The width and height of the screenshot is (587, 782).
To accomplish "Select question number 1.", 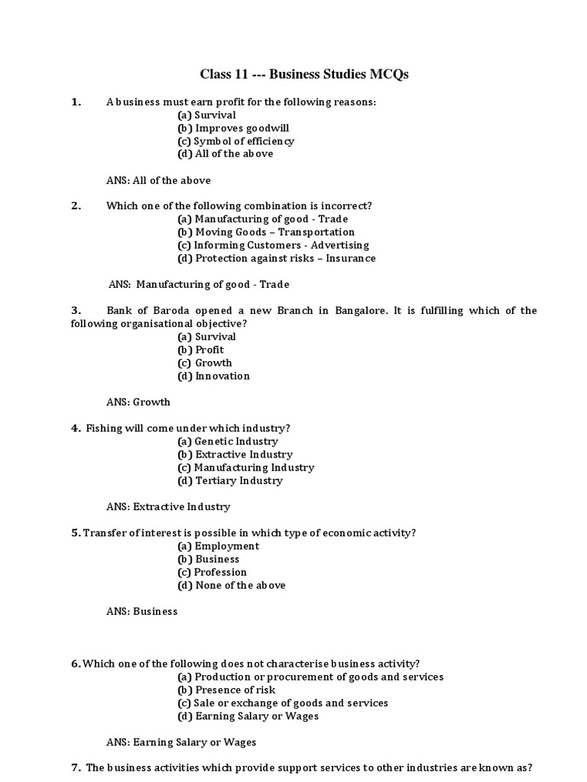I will coord(76,102).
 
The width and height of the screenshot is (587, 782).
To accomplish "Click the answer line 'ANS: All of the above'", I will coord(158,180).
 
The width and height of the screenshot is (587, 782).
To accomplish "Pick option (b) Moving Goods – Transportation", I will coord(266,231).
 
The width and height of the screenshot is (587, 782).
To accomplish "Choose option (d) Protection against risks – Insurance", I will coord(276,258).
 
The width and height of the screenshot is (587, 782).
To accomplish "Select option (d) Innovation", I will coord(213,376).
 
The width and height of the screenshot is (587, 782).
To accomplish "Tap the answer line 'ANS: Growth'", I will coord(138,402).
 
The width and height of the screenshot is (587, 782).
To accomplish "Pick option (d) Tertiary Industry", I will coord(229,480).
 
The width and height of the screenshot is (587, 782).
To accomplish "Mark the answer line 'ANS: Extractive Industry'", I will coord(168,506).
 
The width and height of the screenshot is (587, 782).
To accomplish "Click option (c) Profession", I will coord(212,572).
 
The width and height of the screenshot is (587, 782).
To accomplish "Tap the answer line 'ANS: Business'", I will coord(141,611).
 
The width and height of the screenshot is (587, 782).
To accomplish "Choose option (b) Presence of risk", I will coord(226,690).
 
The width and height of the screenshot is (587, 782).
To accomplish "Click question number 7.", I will coord(76,767).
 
